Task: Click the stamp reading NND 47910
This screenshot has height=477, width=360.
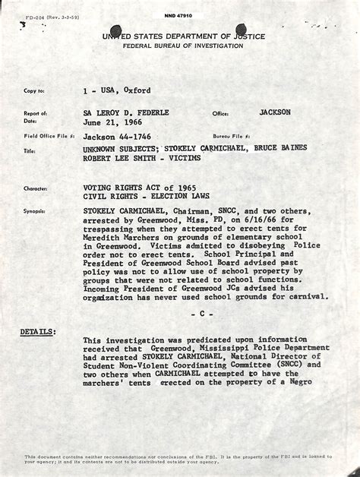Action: point(178,14)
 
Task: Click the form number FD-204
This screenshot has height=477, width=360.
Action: point(34,16)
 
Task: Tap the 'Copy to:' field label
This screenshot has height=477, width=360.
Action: point(34,91)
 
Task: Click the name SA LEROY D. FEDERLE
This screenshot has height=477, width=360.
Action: point(126,112)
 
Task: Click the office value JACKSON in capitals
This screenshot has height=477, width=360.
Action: point(274,112)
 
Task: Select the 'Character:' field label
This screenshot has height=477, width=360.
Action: point(36,188)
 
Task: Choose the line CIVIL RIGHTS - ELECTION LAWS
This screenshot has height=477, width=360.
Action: point(147,196)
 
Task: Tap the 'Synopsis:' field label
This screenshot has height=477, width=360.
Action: point(35,211)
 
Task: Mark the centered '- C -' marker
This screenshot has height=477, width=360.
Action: point(202,313)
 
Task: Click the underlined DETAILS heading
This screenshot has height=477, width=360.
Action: point(37,332)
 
